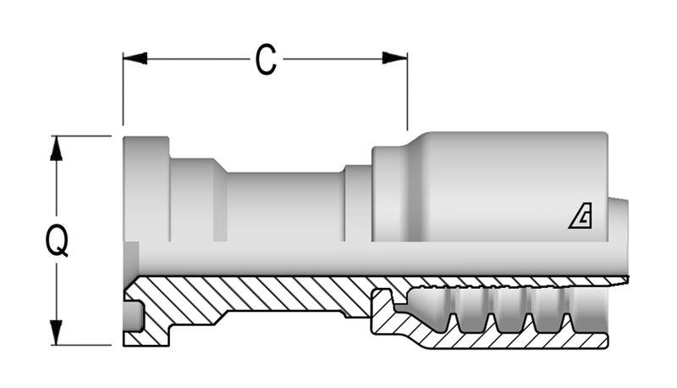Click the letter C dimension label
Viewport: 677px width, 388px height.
[x=266, y=59]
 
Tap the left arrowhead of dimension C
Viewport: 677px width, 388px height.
[x=135, y=58]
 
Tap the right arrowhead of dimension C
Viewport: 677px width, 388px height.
[x=394, y=58]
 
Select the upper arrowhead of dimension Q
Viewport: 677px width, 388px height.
[x=56, y=148]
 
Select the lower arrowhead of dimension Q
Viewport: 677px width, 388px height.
[x=56, y=333]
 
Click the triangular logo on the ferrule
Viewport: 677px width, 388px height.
[x=581, y=216]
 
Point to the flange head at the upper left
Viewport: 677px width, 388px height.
[x=146, y=189]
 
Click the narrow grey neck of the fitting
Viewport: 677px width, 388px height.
[x=285, y=207]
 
